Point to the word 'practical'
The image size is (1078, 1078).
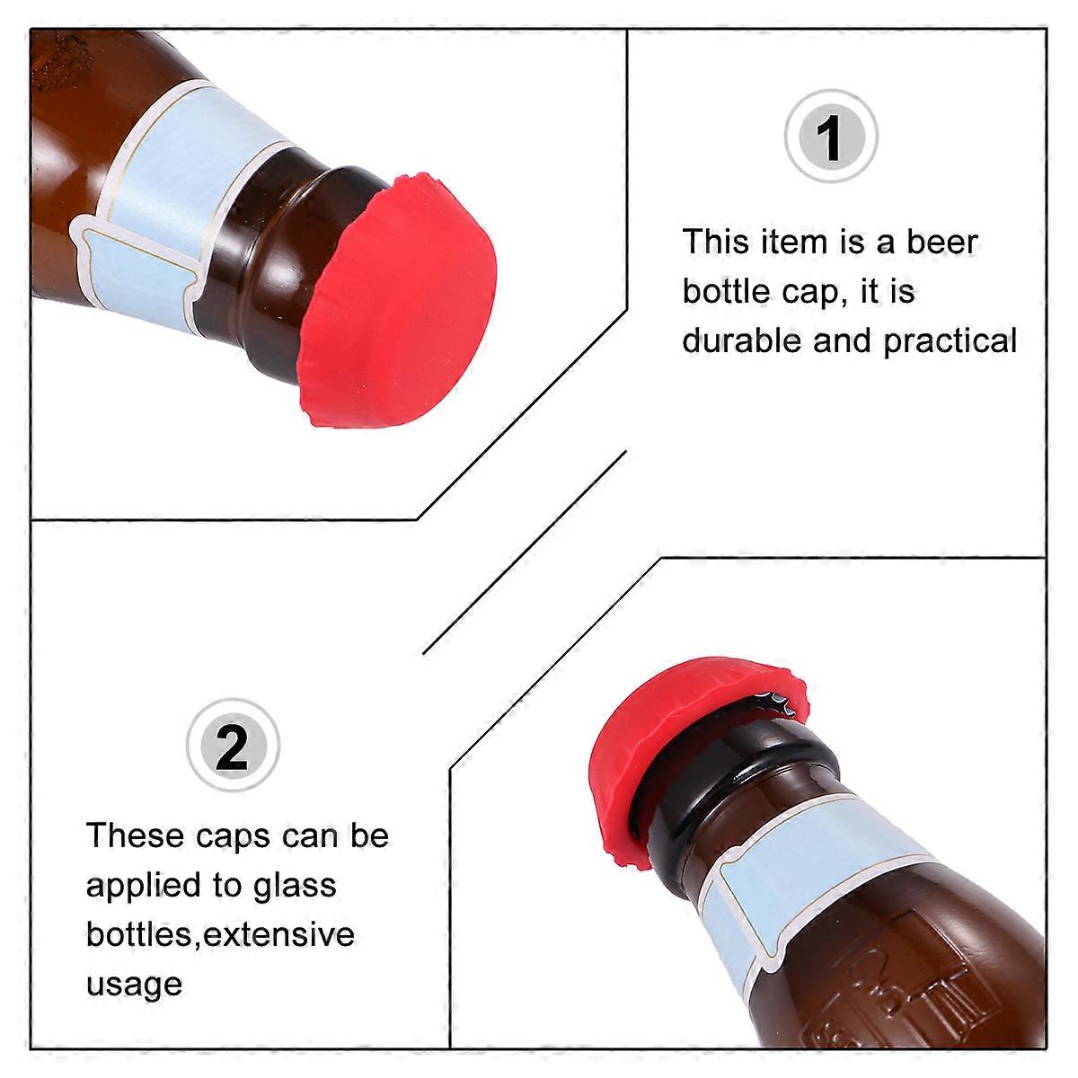pos(950,341)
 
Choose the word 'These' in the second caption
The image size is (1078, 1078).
pos(135,835)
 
